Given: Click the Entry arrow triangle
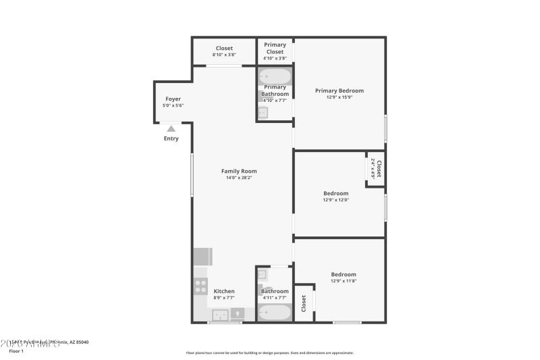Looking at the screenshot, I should [x=171, y=128].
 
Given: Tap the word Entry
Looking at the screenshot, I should [x=171, y=138].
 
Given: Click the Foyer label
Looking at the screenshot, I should [x=173, y=99].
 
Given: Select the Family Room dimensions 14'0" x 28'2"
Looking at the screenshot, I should [x=239, y=178].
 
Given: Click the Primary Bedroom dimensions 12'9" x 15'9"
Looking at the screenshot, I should [x=340, y=97].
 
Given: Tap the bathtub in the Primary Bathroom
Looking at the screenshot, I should [x=275, y=76].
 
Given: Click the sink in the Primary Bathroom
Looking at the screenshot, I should [x=263, y=113].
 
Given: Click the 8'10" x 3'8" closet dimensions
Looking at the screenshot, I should [x=224, y=55].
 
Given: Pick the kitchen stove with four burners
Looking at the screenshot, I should [x=200, y=286].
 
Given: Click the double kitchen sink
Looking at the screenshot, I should [x=221, y=314].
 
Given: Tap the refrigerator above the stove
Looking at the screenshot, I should [x=203, y=257].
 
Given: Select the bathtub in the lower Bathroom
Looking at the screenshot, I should [x=275, y=313].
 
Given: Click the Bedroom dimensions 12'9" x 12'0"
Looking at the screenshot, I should [x=336, y=200].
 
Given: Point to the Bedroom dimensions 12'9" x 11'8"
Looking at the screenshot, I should [x=344, y=281].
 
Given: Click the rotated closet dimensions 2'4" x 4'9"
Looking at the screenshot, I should [x=373, y=168].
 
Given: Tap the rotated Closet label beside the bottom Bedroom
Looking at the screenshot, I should [x=304, y=303].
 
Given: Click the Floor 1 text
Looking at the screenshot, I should [x=16, y=351].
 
